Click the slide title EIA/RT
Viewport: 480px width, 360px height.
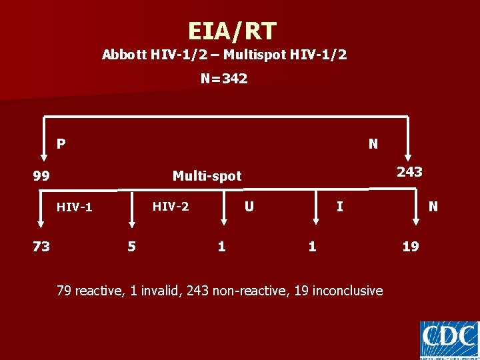coord(231,31)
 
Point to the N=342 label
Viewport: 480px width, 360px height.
coord(224,79)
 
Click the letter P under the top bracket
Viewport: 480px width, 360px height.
coord(61,143)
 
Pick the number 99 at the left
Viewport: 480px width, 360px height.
coord(41,177)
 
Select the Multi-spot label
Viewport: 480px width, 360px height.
coord(207,176)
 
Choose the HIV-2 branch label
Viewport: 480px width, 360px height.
coord(171,207)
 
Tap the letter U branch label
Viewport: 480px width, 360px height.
coord(249,207)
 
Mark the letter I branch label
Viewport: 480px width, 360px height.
coord(339,207)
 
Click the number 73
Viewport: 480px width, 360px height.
coord(41,247)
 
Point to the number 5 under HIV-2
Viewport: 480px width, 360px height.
coord(131,247)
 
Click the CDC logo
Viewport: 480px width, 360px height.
coord(449,340)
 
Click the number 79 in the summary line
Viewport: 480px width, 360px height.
coord(64,291)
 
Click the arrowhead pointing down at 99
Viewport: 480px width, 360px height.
coord(45,157)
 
